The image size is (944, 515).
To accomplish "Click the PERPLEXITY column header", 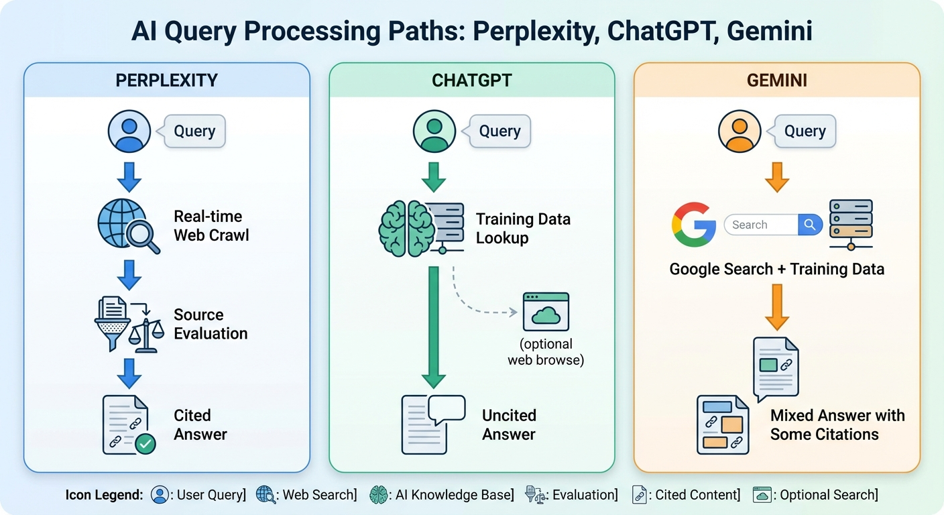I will pyautogui.click(x=166, y=80).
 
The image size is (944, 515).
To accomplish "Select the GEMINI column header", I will pyautogui.click(x=776, y=80).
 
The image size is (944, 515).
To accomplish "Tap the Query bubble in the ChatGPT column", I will pyautogui.click(x=499, y=131).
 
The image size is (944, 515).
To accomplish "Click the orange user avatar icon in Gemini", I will pyautogui.click(x=740, y=131).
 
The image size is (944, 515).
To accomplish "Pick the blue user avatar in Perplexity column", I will pyautogui.click(x=129, y=131).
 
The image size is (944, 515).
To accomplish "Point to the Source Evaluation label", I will pyautogui.click(x=211, y=324).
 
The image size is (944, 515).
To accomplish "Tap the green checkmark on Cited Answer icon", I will pyautogui.click(x=145, y=443).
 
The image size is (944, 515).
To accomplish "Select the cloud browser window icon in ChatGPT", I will pyautogui.click(x=546, y=312).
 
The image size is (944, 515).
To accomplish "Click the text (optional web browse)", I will pyautogui.click(x=546, y=352).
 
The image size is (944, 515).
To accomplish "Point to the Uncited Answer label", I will pyautogui.click(x=509, y=424).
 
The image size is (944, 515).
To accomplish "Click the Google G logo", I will pyautogui.click(x=693, y=225).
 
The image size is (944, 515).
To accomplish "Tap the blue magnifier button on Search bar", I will pyautogui.click(x=810, y=225).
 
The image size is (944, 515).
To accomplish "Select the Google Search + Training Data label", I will pyautogui.click(x=776, y=270).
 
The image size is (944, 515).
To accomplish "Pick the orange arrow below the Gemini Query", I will pyautogui.click(x=776, y=176).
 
